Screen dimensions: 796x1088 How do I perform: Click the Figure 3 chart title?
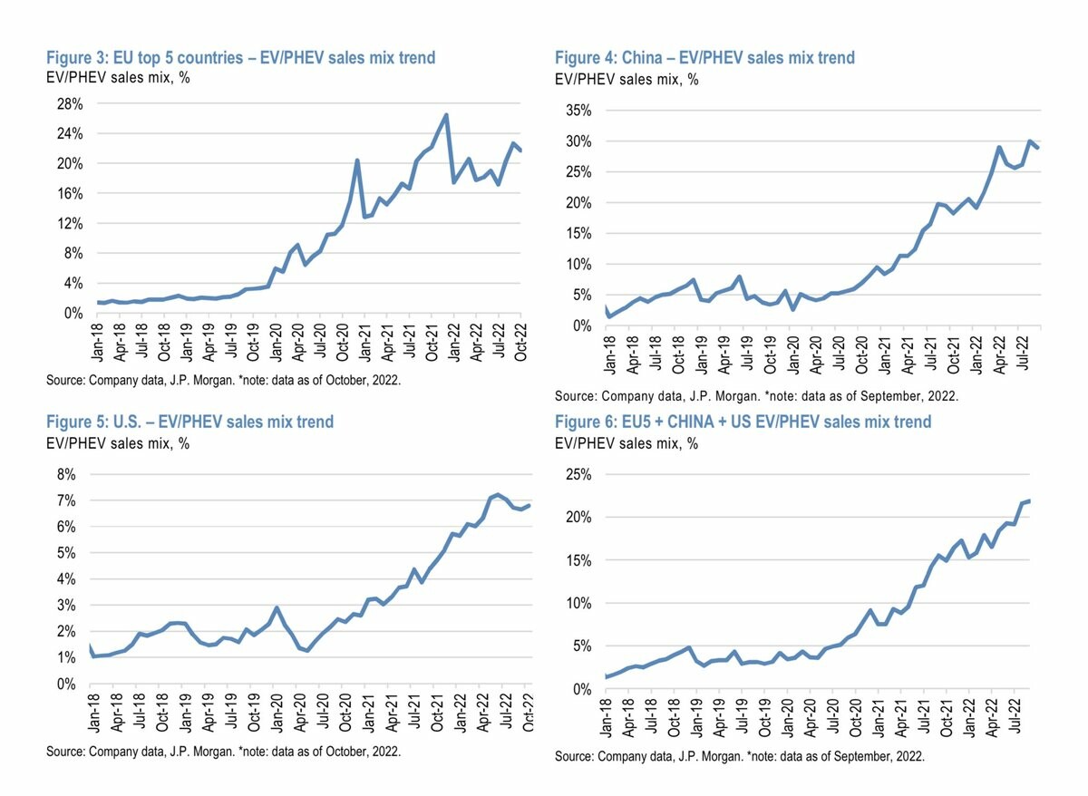(x=240, y=58)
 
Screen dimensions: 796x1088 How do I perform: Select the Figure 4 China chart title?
(x=704, y=58)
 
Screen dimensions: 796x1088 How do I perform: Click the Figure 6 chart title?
(x=743, y=422)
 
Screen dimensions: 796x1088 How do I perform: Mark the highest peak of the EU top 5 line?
(x=446, y=115)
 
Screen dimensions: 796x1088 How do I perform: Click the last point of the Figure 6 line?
(x=1029, y=500)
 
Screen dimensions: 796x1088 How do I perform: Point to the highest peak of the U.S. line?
(x=498, y=494)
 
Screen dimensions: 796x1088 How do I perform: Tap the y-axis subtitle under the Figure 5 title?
(x=118, y=443)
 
